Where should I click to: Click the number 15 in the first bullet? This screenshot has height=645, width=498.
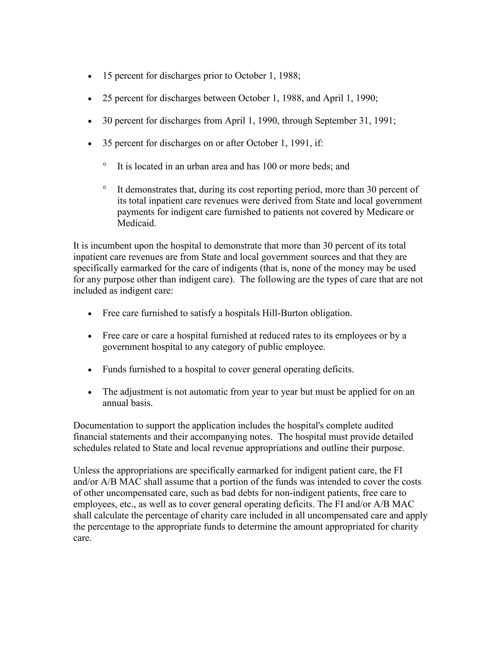107,76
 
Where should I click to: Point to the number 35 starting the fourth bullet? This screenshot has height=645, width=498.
107,143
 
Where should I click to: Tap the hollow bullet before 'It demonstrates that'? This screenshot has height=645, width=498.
104,187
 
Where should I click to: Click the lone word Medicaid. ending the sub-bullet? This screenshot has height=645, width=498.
137,223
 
